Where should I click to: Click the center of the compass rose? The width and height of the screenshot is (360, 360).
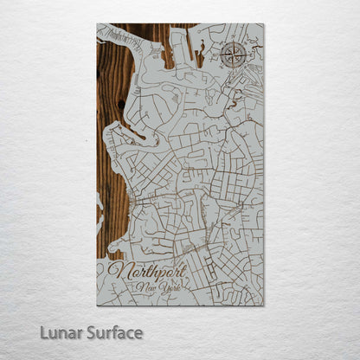[x=232, y=55]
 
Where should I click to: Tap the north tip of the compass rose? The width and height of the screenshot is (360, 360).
[x=232, y=41]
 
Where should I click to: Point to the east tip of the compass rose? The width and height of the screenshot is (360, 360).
[x=246, y=55]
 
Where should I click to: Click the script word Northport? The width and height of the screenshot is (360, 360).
[x=147, y=272]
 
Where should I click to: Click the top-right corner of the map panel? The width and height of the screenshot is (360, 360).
[x=263, y=24]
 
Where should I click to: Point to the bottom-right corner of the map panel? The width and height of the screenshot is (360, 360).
[x=263, y=305]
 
